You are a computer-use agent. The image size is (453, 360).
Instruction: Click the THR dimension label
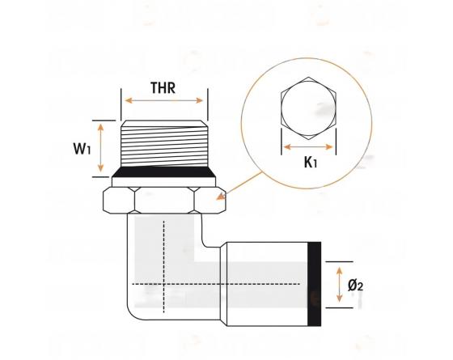[163, 88]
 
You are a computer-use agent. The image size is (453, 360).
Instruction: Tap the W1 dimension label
[82, 149]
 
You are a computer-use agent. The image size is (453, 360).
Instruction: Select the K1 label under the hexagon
[311, 162]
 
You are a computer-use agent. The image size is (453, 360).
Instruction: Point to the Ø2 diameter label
[355, 286]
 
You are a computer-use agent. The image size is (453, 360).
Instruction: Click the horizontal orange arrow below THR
[163, 100]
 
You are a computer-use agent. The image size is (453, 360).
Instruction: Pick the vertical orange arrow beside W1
[100, 147]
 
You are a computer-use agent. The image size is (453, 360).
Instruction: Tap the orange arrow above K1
[308, 147]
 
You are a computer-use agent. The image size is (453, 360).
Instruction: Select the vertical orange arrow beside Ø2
[340, 285]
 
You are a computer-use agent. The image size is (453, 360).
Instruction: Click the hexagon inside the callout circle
[308, 108]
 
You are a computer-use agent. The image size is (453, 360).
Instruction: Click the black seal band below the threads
[163, 172]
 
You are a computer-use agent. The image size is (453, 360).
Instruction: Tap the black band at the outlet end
[314, 284]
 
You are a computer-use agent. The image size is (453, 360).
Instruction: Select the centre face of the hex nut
[164, 201]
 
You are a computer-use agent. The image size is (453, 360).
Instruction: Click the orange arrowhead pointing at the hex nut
[221, 197]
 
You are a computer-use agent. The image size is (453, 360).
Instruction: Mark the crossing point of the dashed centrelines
[163, 284]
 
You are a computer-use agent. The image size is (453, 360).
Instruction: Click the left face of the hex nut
[119, 201]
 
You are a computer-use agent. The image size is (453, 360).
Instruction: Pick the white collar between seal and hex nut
[163, 182]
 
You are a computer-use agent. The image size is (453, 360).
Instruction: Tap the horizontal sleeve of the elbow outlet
[267, 284]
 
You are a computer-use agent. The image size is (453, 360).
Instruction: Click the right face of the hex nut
[210, 201]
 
